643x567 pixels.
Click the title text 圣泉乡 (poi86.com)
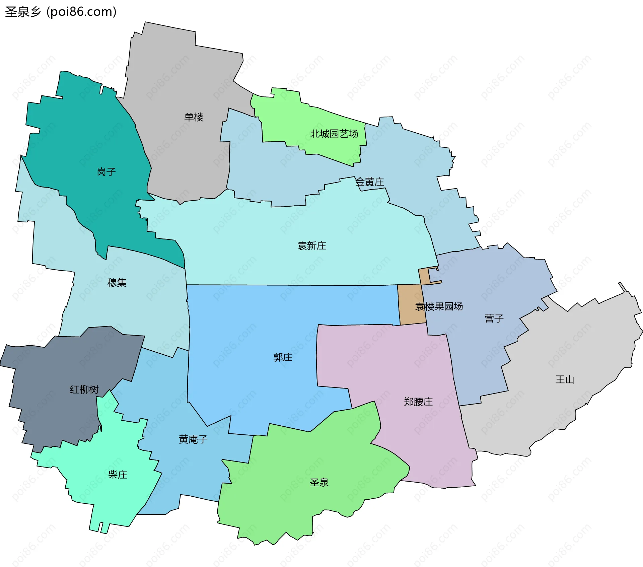coord(61,12)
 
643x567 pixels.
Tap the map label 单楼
coord(194,117)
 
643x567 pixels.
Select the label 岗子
coord(106,172)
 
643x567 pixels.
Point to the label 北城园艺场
coord(334,134)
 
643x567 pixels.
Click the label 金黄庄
coord(369,182)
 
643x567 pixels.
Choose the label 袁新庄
coord(311,246)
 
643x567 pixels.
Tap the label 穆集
coord(117,283)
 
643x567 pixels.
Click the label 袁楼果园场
coord(439,306)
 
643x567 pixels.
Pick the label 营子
coord(494,318)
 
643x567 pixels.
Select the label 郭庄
coord(283,357)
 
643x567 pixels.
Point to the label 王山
coord(565,379)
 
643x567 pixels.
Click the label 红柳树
coord(84,389)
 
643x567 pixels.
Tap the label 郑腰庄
coord(418,402)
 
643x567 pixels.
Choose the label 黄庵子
coord(193,439)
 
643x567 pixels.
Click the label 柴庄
coord(118,475)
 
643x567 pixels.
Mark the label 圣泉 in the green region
coord(319,482)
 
